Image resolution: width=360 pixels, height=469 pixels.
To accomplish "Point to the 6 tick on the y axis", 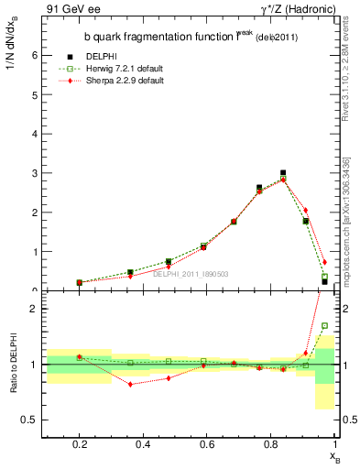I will point(36,55).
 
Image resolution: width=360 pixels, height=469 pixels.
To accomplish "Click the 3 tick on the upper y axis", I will point(36,173).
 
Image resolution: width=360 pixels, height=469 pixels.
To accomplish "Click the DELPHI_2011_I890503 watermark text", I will point(191,274).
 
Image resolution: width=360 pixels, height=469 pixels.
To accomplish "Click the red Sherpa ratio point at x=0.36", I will point(131,385).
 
